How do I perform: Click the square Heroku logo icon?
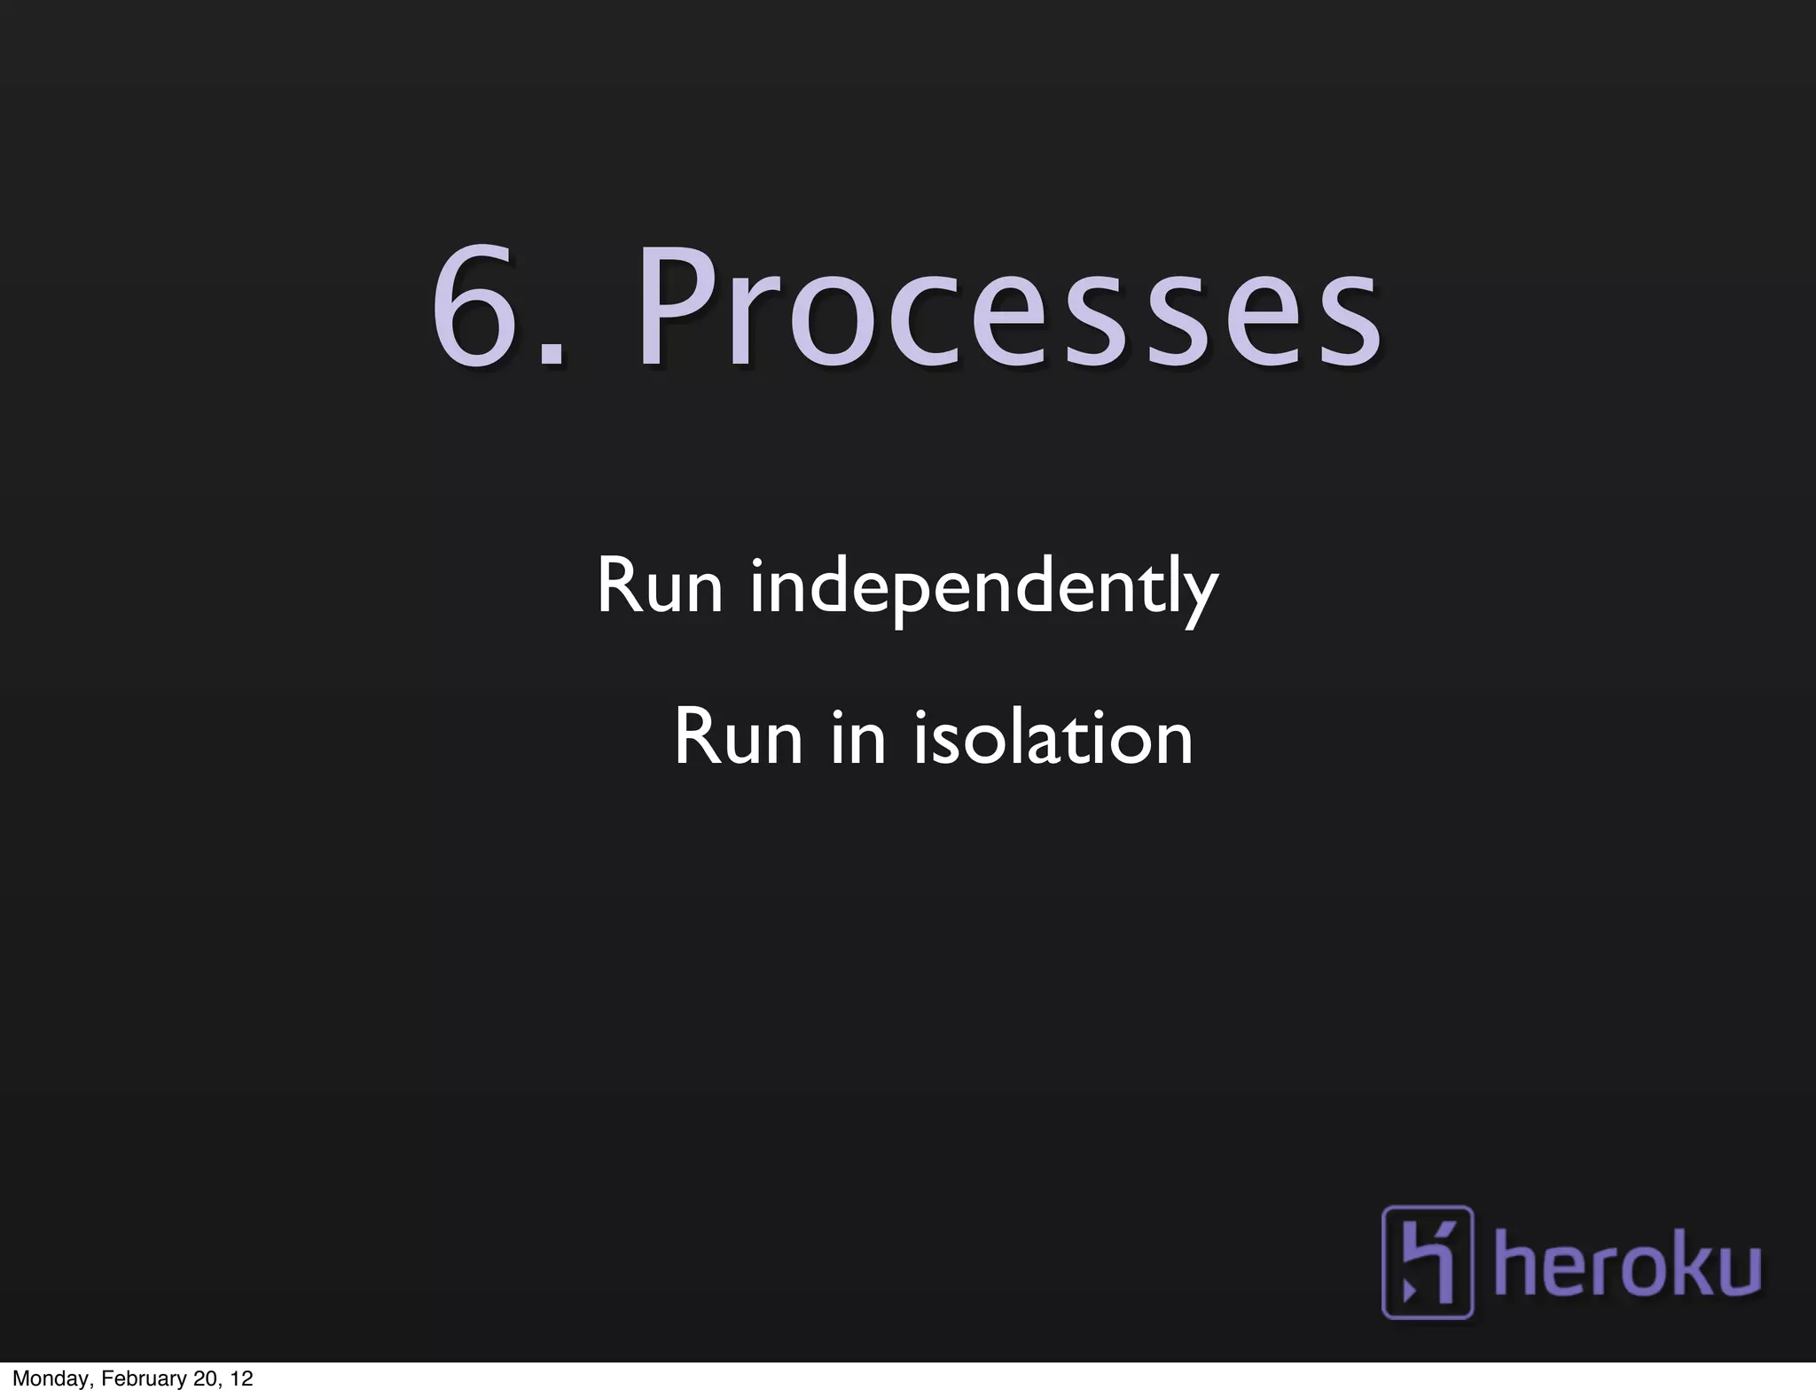pos(1427,1261)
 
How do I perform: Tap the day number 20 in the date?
pos(202,1378)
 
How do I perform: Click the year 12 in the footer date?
pos(241,1378)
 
